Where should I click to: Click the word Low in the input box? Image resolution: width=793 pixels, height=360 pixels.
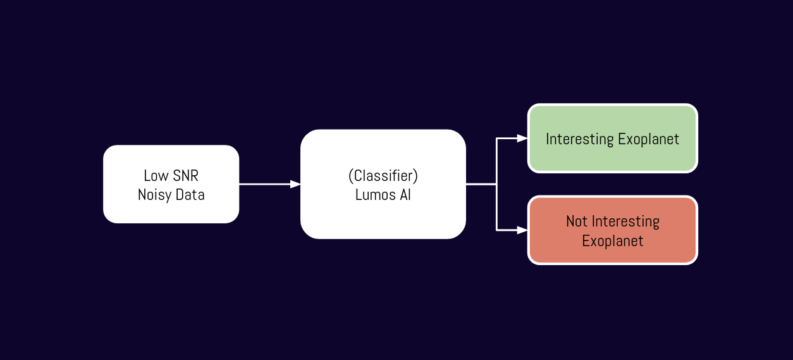coord(155,175)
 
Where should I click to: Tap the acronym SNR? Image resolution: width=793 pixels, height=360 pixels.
coord(185,175)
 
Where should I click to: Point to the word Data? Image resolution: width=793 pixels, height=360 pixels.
coord(190,195)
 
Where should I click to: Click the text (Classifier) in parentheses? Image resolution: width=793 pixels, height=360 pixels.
coord(383,175)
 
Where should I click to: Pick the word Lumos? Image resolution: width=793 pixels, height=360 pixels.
coord(374,195)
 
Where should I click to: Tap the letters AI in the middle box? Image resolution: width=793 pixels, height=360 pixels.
coord(404,195)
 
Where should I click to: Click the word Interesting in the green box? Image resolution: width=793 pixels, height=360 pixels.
coord(579,139)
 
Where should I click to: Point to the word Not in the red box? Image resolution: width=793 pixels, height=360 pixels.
coord(577,221)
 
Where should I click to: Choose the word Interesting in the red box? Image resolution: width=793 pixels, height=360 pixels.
coord(625,221)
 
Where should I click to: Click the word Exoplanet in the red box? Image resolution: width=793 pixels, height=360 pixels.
coord(612,241)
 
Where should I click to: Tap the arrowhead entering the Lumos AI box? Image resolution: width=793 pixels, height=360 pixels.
coord(295,184)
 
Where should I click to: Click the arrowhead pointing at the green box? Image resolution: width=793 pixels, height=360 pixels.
coord(522,138)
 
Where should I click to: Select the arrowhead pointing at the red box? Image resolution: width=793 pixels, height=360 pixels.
coord(522,230)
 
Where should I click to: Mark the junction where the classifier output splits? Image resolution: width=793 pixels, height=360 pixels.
coord(497,184)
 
